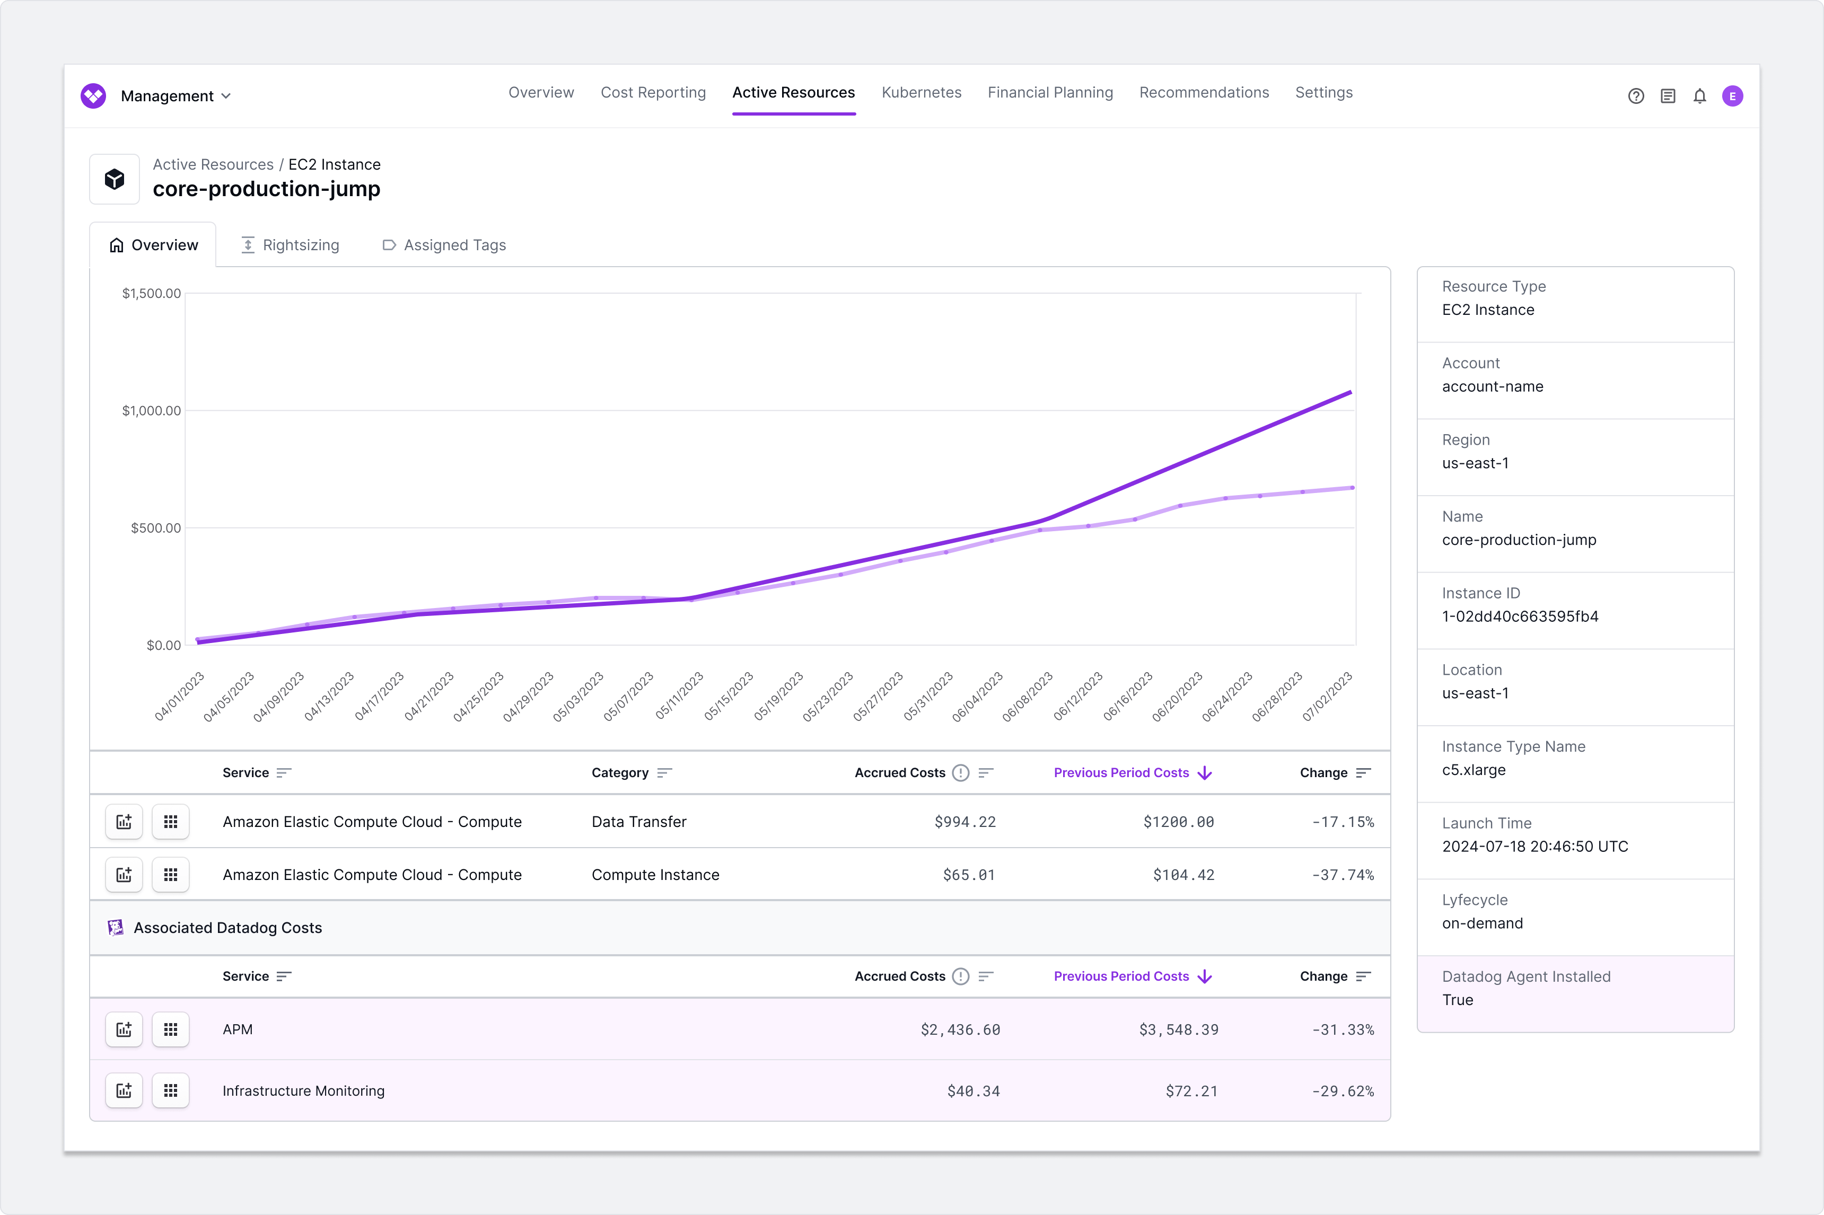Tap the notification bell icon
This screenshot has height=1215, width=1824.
click(1699, 96)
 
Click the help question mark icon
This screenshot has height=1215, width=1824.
click(1636, 96)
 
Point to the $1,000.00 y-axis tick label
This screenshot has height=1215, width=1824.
click(151, 411)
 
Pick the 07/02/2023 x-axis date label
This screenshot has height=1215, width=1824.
click(1327, 697)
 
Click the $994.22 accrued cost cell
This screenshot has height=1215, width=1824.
click(964, 821)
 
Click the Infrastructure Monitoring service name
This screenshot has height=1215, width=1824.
click(303, 1091)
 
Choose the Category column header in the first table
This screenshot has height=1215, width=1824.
click(620, 772)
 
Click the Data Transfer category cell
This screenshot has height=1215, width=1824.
click(638, 821)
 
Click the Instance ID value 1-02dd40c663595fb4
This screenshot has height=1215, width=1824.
click(1520, 617)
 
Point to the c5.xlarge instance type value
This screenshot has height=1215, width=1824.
click(1473, 770)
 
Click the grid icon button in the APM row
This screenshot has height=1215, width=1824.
click(170, 1030)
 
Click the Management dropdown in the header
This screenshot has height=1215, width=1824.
click(175, 96)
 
